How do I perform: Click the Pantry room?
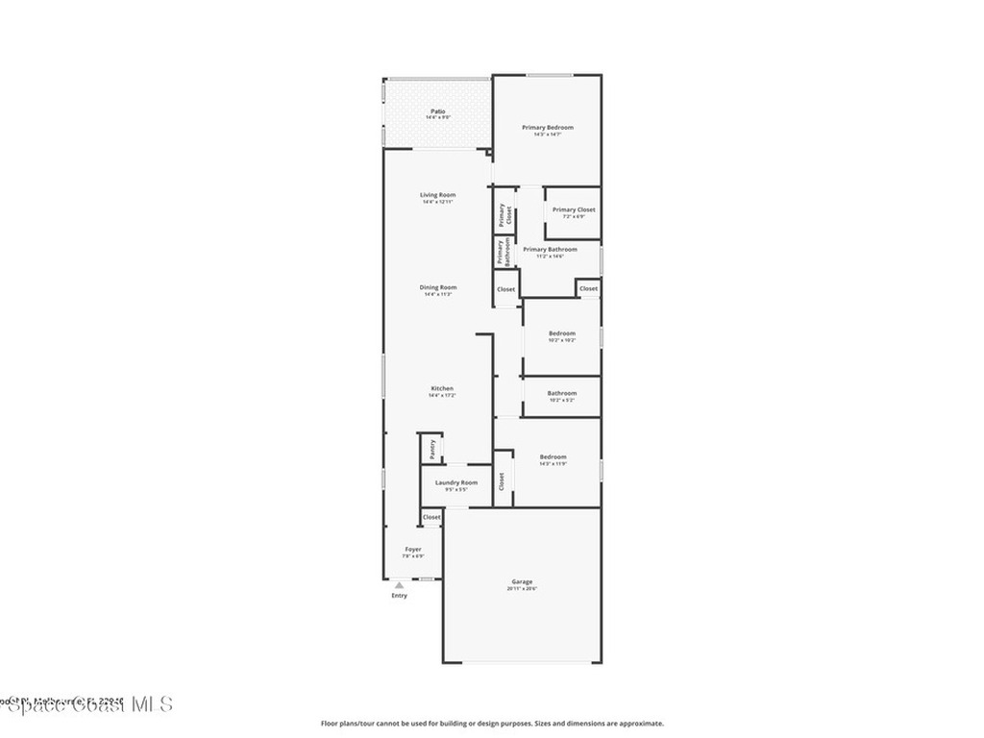click(431, 449)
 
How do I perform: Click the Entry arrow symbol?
click(399, 584)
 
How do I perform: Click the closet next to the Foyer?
click(431, 517)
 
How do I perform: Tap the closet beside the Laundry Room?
click(502, 481)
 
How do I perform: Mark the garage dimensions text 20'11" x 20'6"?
click(522, 588)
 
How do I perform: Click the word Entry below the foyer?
click(399, 596)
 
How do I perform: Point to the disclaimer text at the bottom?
click(492, 724)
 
